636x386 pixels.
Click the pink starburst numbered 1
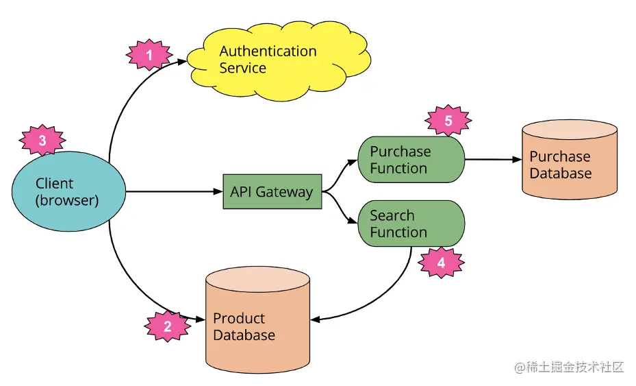pos(149,56)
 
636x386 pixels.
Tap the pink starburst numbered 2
pos(167,327)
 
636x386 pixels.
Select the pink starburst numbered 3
pos(42,141)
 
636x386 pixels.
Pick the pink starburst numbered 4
pos(441,263)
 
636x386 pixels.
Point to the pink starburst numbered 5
pos(448,121)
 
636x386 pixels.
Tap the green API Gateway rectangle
pos(272,192)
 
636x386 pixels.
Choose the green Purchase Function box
pos(411,160)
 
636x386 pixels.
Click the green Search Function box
pos(411,224)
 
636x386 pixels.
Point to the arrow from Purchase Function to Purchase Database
pos(493,160)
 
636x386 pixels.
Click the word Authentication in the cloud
pos(268,51)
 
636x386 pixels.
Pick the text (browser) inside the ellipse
pos(67,201)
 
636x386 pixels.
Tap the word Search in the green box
pos(392,215)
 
